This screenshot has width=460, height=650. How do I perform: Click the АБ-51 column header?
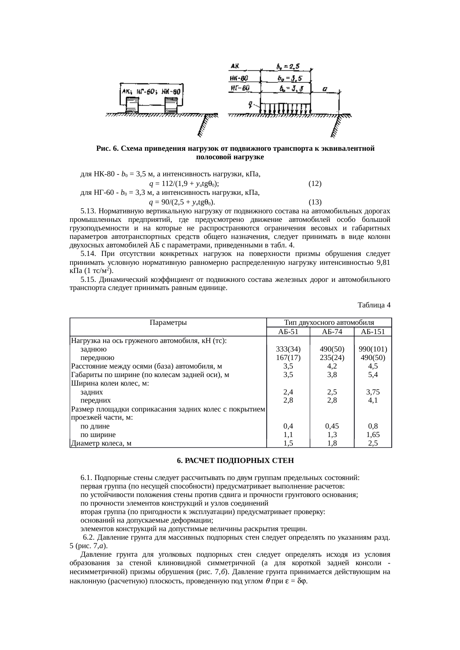click(x=288, y=331)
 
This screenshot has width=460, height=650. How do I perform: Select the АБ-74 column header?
click(x=332, y=331)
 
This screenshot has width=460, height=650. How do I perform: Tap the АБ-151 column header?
click(x=373, y=331)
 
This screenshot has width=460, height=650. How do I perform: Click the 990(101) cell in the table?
click(x=373, y=349)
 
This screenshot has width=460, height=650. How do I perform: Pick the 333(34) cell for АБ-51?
click(x=288, y=349)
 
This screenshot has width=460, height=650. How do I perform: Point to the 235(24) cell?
click(x=332, y=357)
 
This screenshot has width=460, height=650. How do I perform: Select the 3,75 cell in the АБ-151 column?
click(x=373, y=392)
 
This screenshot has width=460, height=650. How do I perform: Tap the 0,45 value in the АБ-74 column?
click(x=332, y=426)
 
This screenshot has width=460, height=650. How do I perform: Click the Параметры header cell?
click(x=168, y=323)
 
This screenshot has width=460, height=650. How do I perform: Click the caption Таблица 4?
click(x=374, y=305)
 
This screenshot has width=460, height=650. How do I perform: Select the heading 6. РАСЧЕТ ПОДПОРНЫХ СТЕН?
click(x=235, y=461)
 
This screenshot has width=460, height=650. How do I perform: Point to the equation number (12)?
click(x=315, y=183)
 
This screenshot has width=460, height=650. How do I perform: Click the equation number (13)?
click(x=315, y=202)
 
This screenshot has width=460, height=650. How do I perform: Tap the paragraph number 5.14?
click(x=88, y=254)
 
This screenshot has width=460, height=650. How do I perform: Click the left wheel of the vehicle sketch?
click(x=132, y=105)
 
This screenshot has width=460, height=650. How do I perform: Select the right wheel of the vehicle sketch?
click(x=171, y=105)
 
